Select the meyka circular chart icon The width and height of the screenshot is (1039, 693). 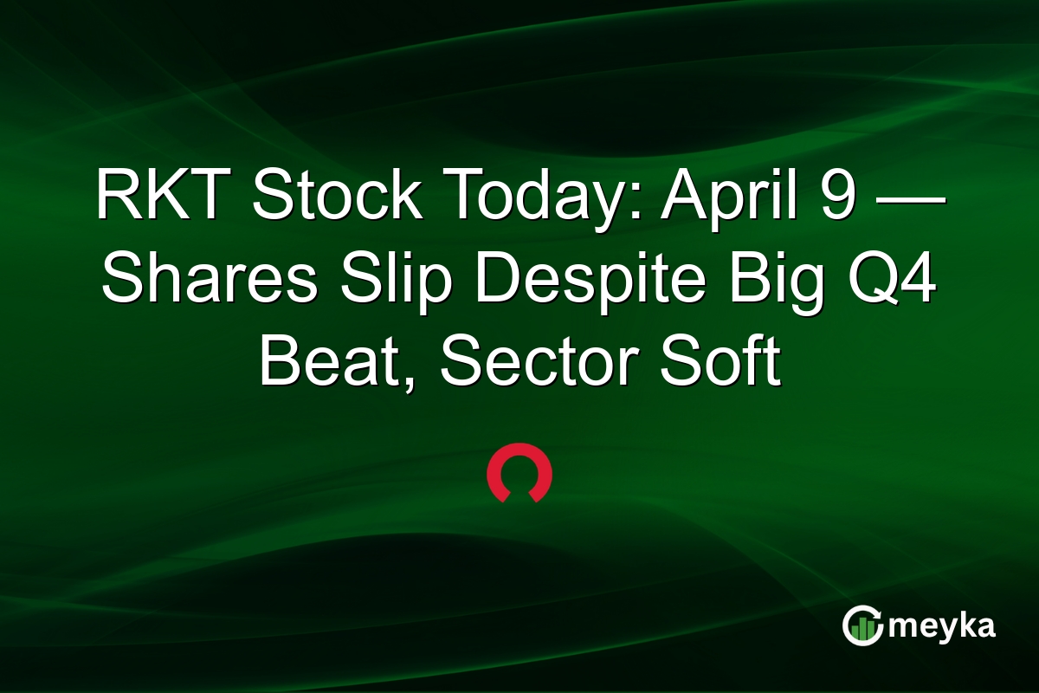pos(863,625)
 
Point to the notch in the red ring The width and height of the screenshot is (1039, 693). pos(519,496)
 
